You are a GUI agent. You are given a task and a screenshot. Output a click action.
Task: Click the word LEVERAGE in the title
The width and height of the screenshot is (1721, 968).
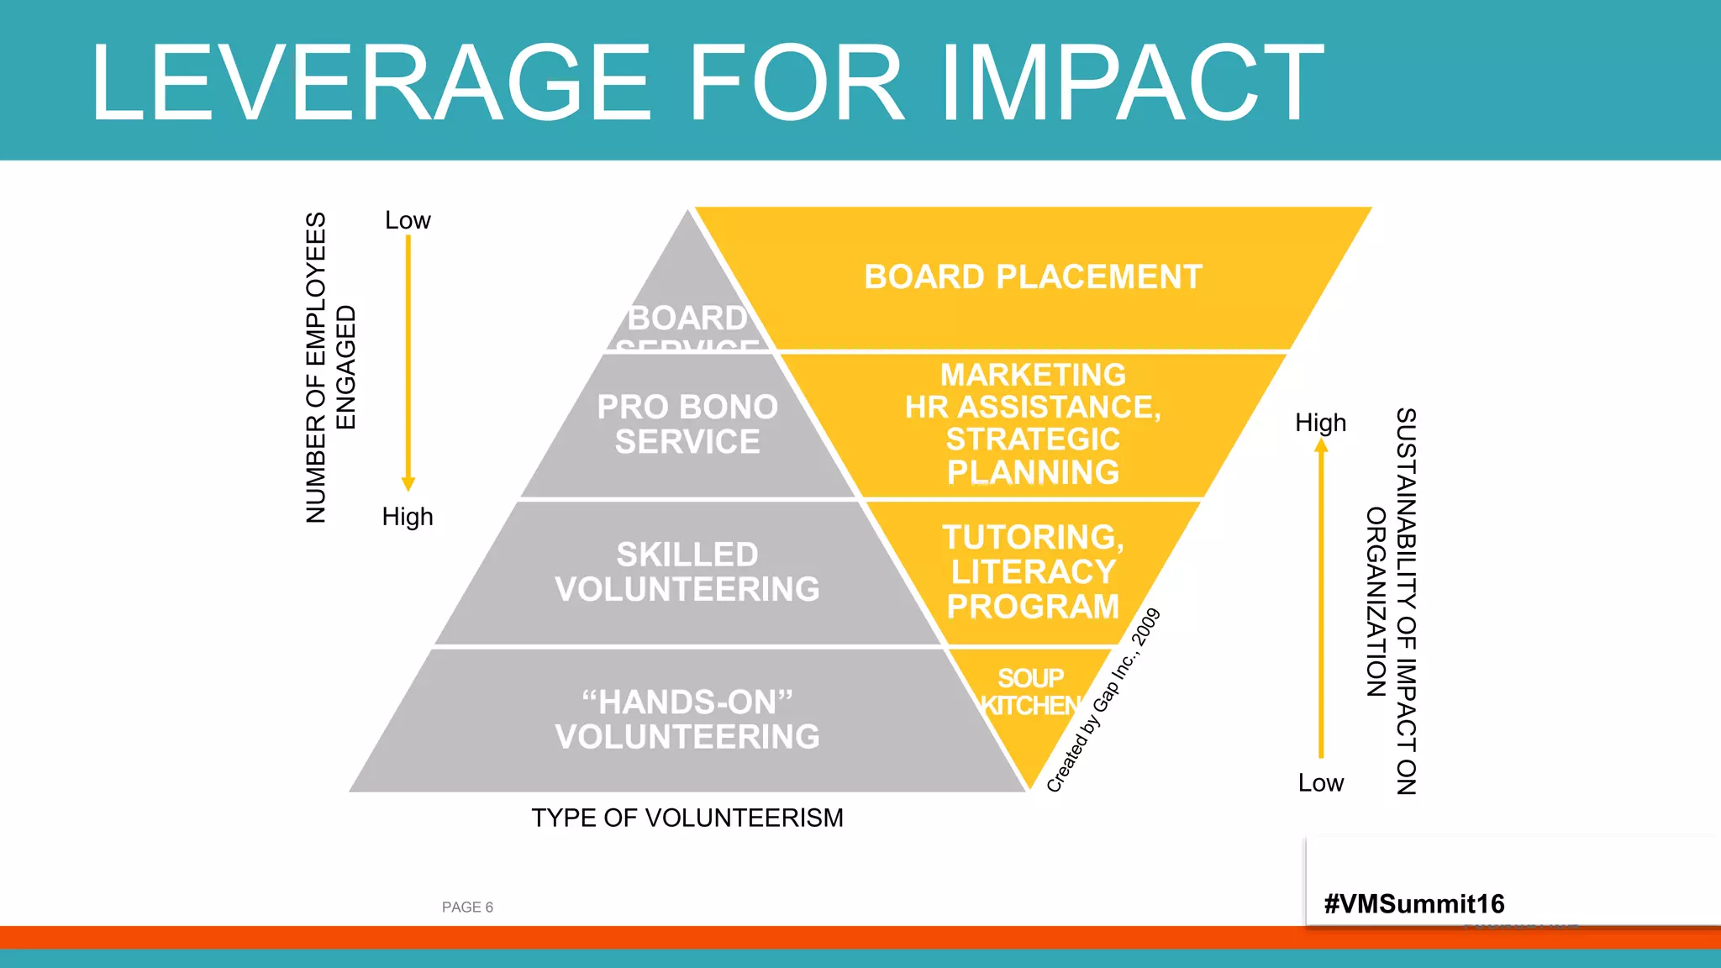(370, 82)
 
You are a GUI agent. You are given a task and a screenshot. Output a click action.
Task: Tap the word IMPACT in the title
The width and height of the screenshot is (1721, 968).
(1131, 82)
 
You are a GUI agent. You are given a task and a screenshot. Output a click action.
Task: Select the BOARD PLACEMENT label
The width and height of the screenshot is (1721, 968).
(1033, 277)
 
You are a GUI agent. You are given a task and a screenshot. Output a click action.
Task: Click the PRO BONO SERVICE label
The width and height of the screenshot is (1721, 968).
(687, 424)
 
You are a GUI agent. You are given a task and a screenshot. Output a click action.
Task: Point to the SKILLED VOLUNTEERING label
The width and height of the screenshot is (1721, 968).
(687, 571)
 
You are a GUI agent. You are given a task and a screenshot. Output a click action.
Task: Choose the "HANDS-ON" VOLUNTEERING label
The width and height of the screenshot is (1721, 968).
(687, 719)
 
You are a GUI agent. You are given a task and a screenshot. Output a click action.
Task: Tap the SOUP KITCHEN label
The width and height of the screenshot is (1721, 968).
(1031, 692)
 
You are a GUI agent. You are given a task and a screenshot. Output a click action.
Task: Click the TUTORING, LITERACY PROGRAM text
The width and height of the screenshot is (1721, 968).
(1033, 571)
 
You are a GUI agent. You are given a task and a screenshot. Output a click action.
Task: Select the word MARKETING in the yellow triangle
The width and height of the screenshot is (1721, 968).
(1033, 375)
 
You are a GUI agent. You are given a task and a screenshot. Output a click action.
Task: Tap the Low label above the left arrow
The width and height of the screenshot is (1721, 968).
(408, 220)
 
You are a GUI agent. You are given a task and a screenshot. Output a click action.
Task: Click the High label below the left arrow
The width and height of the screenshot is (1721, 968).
(408, 516)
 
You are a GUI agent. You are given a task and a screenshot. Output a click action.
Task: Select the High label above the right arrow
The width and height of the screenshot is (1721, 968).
(1320, 423)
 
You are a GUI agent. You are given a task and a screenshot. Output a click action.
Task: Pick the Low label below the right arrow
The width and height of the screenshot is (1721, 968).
(1320, 783)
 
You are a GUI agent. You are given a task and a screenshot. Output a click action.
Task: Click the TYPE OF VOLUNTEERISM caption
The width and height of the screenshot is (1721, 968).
(687, 818)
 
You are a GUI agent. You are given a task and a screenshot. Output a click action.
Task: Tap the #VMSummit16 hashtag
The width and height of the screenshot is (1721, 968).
(1414, 904)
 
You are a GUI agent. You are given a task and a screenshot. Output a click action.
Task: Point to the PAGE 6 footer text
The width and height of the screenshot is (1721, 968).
(467, 907)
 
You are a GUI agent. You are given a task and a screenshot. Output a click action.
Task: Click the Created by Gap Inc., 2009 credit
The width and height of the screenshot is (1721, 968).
(1103, 700)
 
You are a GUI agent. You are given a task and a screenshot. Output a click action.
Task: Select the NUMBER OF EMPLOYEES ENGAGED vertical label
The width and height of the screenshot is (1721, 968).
(330, 367)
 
